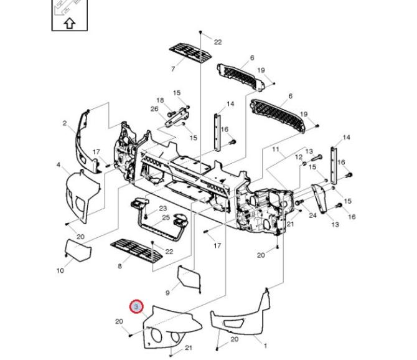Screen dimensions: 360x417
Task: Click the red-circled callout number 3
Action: (136, 306)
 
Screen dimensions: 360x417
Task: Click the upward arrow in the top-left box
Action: (69, 23)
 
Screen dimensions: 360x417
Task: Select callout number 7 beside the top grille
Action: (173, 68)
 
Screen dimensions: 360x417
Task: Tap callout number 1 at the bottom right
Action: (266, 346)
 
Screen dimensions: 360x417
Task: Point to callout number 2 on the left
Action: (64, 123)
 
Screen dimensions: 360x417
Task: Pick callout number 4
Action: (59, 165)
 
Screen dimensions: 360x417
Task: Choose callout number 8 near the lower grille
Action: (119, 266)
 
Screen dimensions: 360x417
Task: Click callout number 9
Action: (167, 292)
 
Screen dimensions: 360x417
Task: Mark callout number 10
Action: (60, 270)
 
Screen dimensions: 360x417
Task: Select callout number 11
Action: (275, 150)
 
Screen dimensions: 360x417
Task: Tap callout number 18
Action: (160, 100)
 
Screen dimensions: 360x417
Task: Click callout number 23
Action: (163, 208)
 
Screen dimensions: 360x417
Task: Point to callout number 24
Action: (313, 216)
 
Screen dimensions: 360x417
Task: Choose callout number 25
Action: (166, 217)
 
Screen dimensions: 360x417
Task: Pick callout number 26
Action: (155, 109)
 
